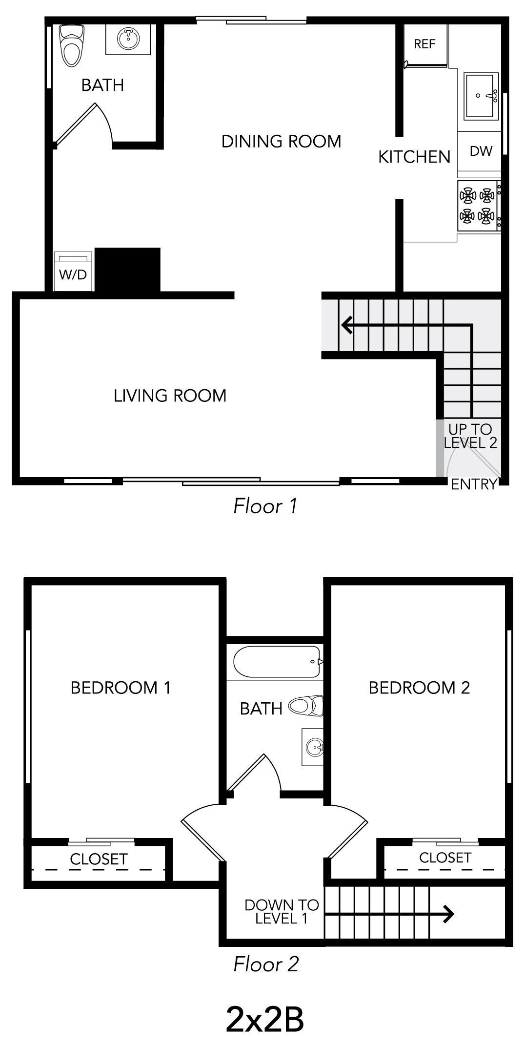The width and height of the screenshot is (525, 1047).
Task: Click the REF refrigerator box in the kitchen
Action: [424, 45]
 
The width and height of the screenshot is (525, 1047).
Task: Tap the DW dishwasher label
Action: [481, 151]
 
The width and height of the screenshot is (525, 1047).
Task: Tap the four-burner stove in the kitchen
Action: [477, 206]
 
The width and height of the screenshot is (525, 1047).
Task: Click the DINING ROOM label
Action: [281, 142]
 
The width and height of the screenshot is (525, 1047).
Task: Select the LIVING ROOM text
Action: [170, 396]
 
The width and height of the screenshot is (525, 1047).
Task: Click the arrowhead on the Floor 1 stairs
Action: [347, 324]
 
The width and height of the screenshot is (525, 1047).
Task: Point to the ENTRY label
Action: [473, 484]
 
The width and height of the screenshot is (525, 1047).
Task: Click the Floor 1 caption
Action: [265, 506]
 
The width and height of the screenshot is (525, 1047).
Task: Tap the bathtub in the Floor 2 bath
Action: [276, 661]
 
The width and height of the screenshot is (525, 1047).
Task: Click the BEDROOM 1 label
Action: [121, 688]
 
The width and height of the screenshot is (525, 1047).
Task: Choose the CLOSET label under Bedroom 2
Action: [445, 858]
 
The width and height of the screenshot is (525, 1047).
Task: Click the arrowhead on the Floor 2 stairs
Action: [449, 914]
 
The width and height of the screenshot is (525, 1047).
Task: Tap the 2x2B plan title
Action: [265, 1020]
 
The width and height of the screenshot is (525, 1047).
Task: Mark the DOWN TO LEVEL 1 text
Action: [282, 912]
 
